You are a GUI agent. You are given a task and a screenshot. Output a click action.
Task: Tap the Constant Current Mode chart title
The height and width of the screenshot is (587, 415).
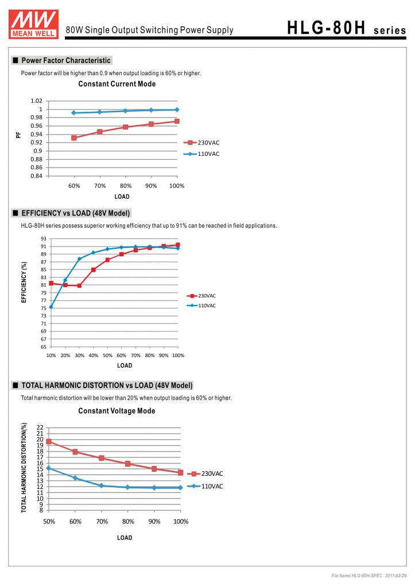pos(117,84)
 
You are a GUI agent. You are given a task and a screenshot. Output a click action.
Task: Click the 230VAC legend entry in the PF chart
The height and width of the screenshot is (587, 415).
pos(202,143)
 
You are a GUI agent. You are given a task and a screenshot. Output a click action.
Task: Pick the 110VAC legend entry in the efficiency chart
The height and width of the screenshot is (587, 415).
pos(202,306)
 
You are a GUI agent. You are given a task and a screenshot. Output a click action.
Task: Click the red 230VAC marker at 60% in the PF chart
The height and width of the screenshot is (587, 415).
pos(74,138)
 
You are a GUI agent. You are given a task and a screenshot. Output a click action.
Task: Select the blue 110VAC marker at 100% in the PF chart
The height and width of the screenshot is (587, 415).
pos(177,109)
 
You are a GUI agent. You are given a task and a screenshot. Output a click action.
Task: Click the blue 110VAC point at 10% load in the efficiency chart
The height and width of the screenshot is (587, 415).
pos(51,307)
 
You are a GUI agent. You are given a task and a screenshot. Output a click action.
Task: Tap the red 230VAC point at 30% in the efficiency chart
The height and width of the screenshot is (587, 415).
pos(79,285)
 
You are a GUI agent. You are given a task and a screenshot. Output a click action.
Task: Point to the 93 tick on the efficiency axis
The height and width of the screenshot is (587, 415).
pos(44,238)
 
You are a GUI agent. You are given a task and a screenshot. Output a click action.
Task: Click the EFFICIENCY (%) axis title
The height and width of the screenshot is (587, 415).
pos(24,283)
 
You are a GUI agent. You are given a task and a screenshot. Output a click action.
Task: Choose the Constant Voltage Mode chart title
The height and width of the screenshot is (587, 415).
pos(117,411)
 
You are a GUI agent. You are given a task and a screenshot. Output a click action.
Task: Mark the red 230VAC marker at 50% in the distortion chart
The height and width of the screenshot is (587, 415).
pos(49,441)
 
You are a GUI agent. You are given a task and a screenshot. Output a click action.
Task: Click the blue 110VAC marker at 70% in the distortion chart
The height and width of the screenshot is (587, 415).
pos(102,486)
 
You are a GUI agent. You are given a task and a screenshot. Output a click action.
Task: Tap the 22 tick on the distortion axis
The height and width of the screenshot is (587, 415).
pos(40,428)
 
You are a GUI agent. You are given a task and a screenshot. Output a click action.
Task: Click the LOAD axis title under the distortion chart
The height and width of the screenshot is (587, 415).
pos(125,538)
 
